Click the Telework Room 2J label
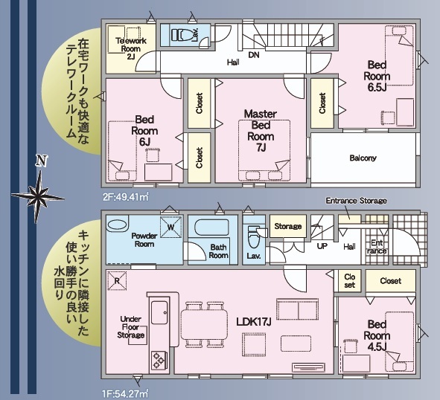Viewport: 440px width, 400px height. click(x=131, y=48)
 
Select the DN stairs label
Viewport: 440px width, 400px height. click(x=254, y=55)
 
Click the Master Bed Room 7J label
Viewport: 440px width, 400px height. click(x=261, y=131)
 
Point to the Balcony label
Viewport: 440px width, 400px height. click(x=363, y=158)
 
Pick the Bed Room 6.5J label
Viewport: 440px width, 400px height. click(x=377, y=76)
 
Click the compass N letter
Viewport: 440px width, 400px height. click(x=41, y=161)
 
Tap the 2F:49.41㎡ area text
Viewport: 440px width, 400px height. click(x=125, y=197)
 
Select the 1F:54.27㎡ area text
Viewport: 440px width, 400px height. click(x=125, y=394)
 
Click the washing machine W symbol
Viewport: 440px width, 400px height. click(x=171, y=227)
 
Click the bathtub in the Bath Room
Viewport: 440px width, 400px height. click(x=212, y=228)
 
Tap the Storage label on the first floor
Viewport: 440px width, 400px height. click(x=288, y=226)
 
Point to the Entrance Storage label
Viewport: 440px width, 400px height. click(x=357, y=201)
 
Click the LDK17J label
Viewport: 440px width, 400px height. click(x=254, y=322)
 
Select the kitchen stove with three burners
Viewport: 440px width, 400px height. click(x=159, y=360)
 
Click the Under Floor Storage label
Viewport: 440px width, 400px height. click(x=131, y=327)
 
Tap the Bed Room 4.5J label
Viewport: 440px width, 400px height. click(x=377, y=335)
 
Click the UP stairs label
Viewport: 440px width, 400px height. click(x=322, y=246)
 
